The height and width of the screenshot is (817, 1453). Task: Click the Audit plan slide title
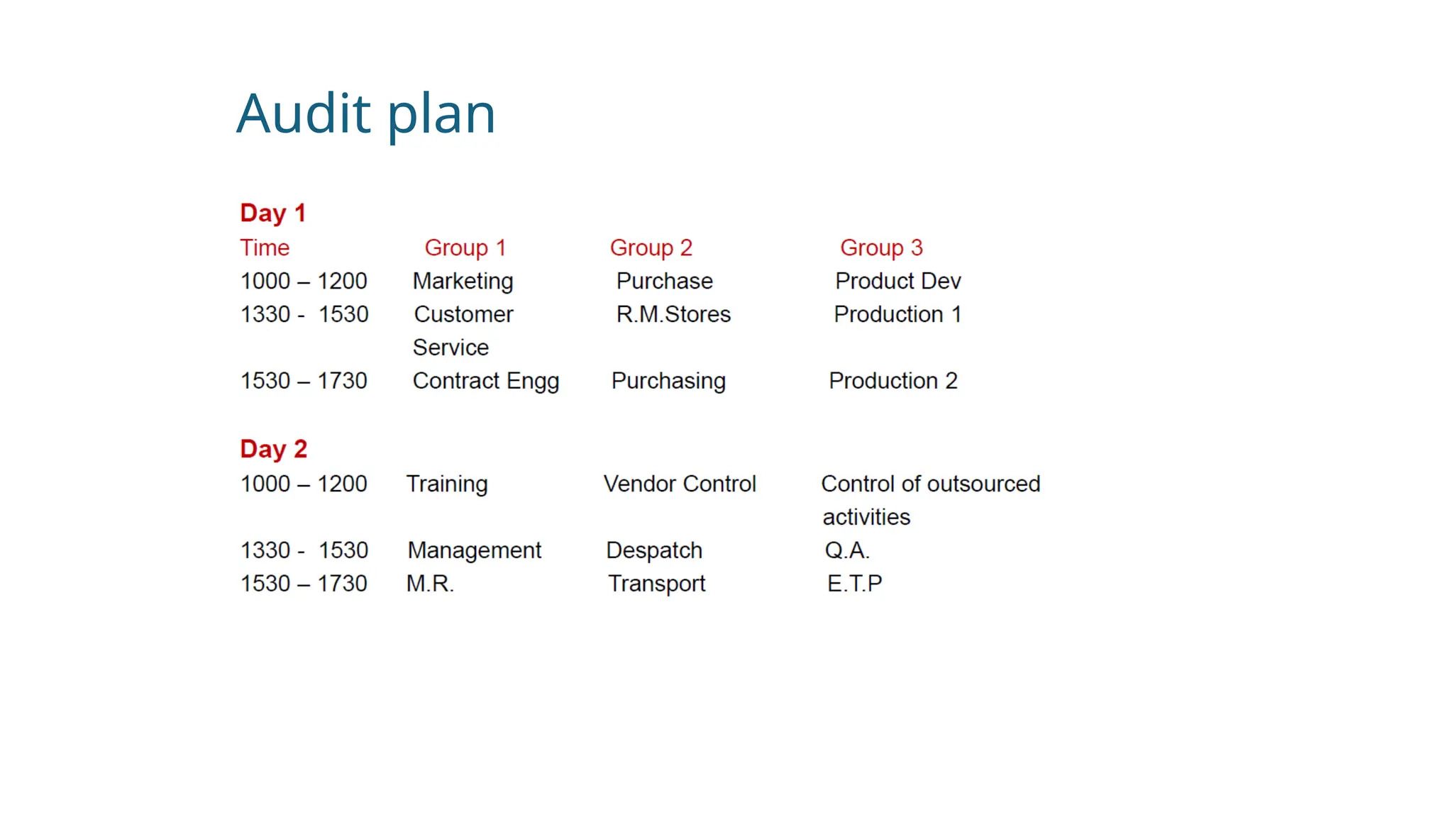[x=365, y=113]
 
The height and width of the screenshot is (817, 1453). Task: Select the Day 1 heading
[x=272, y=213]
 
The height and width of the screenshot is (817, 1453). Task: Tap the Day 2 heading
[x=273, y=449]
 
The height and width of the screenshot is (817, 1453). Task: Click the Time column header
[x=265, y=248]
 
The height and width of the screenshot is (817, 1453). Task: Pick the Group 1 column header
[x=465, y=248]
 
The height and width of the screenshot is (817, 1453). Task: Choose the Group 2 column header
[x=651, y=248]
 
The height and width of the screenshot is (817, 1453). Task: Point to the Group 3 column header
[x=881, y=248]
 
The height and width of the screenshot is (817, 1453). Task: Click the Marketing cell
[x=463, y=281]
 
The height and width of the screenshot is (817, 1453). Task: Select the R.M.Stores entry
[x=673, y=314]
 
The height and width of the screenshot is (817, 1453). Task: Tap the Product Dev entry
[x=897, y=281]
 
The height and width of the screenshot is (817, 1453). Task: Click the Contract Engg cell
[x=485, y=381]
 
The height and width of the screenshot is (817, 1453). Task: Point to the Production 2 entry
[x=893, y=381]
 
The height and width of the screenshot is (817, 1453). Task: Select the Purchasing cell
[x=668, y=381]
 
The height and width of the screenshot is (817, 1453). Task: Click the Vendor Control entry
[x=680, y=484]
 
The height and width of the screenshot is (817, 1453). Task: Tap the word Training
[x=446, y=484]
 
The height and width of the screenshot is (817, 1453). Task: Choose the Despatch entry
[x=653, y=550]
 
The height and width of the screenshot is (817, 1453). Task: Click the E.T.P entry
[x=854, y=584]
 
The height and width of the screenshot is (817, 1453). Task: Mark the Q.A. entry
[x=846, y=550]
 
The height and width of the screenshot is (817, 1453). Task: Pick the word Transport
[x=656, y=584]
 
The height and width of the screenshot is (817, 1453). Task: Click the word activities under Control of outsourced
[x=866, y=517]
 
